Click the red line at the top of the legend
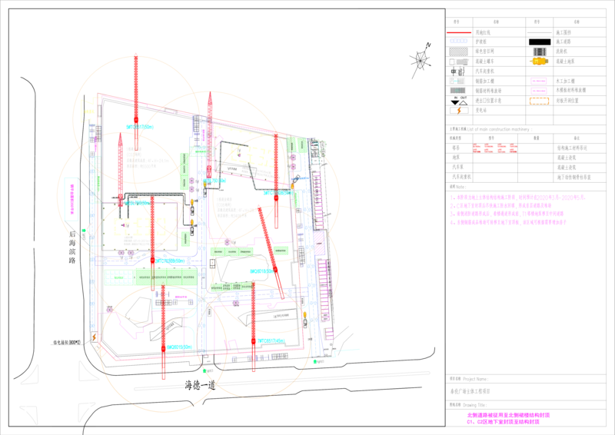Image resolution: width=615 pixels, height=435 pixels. (458, 33)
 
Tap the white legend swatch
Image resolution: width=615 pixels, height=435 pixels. (459, 61)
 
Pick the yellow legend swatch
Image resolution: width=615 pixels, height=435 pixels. (539, 61)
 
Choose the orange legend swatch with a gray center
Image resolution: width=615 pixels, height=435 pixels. (539, 101)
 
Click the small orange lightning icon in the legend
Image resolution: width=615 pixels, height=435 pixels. (459, 111)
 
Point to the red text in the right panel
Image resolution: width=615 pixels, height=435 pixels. (494, 148)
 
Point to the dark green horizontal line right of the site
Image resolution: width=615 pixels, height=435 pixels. (384, 151)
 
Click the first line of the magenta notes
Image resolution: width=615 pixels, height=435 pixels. (519, 198)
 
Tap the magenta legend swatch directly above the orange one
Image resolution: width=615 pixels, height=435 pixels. (539, 90)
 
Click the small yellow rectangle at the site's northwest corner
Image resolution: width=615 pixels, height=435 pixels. (90, 108)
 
